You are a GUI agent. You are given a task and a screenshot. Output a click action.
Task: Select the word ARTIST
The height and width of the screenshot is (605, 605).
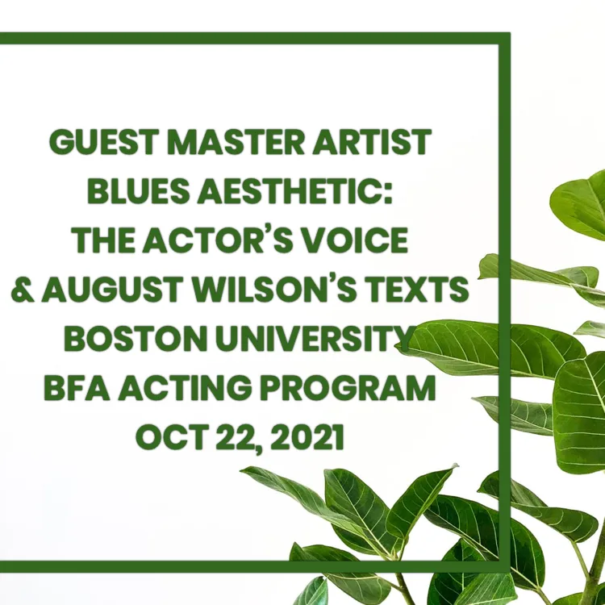372,142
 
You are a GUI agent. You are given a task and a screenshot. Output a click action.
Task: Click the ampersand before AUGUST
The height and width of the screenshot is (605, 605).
23,289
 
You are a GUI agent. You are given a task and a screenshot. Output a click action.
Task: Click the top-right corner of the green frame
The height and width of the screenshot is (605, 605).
510,33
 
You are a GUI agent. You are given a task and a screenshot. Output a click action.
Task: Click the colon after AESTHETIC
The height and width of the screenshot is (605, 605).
388,194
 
